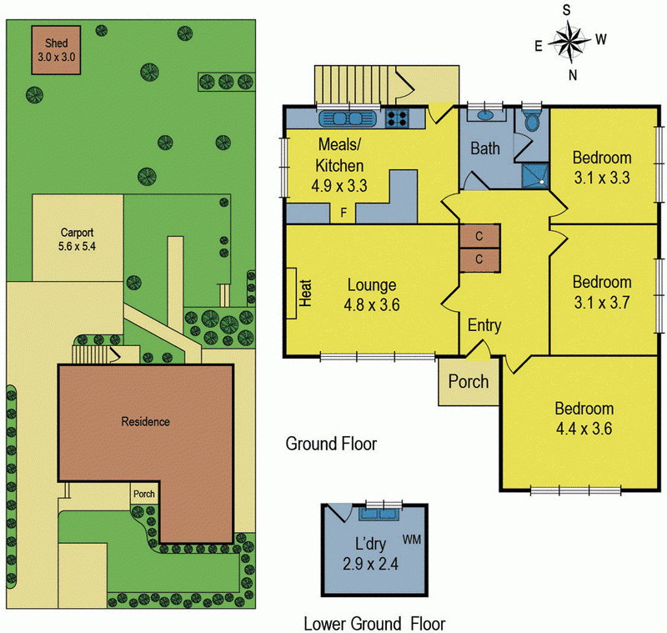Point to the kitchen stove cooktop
tap(397, 118)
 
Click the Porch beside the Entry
tap(469, 383)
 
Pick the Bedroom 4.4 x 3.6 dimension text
tap(584, 429)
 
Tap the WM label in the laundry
tap(412, 539)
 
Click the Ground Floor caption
tap(331, 443)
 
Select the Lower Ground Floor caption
tap(374, 623)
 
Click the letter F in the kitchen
tap(343, 213)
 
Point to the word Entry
tap(484, 325)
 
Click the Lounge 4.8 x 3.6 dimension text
tap(373, 305)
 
